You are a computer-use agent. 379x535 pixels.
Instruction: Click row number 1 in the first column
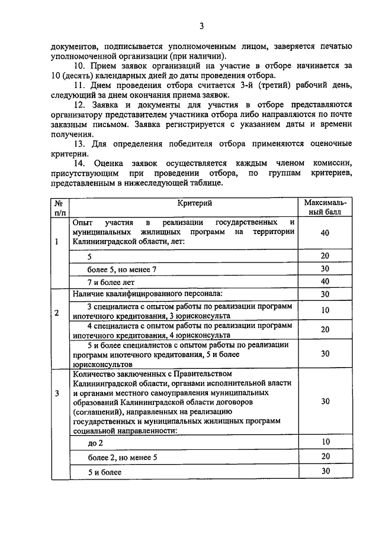click(56, 242)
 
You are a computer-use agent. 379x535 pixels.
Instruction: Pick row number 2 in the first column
click(56, 313)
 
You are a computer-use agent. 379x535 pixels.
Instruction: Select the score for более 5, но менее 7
click(325, 268)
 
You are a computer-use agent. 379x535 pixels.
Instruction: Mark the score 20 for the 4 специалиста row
click(325, 329)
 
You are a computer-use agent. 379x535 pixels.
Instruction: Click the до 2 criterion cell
click(95, 443)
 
